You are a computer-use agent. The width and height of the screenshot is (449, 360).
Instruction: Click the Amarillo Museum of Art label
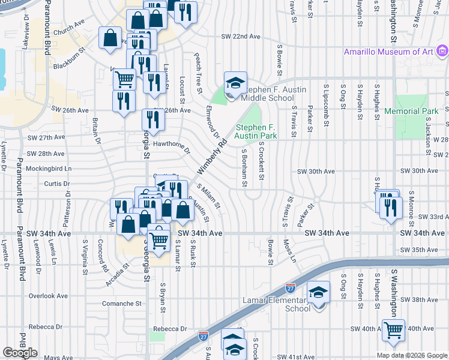[388, 52]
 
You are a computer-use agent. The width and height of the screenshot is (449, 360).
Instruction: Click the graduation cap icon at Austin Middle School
[236, 82]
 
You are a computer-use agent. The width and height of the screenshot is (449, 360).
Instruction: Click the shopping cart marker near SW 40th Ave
[393, 329]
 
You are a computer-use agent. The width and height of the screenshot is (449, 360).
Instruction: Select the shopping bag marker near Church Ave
[111, 38]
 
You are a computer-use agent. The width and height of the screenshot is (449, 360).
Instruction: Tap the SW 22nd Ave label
[241, 37]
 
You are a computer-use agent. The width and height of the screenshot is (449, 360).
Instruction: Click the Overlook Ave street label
[48, 296]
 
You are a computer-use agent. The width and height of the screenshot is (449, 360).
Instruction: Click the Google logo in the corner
[20, 353]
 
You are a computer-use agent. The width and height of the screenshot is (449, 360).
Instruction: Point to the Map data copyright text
[411, 355]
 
